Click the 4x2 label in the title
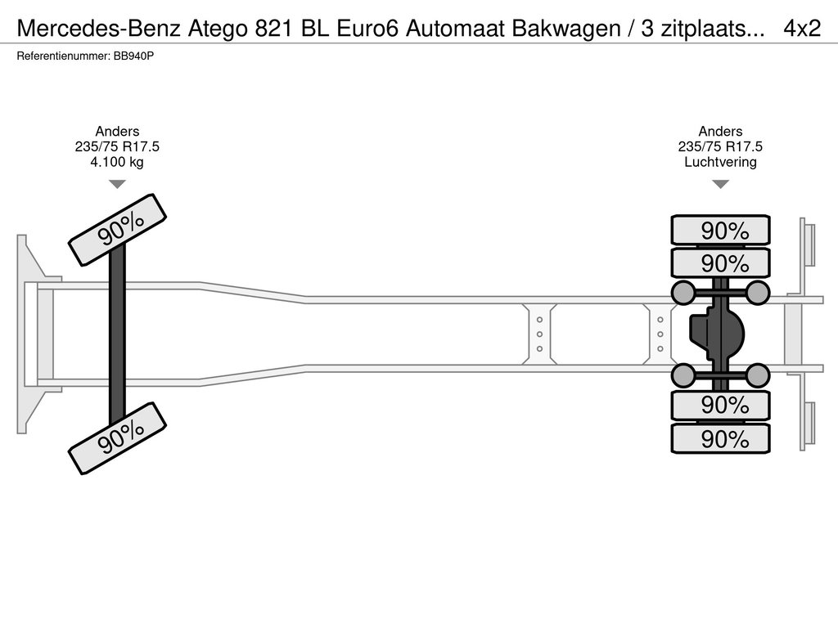(x=801, y=29)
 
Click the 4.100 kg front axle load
(x=117, y=161)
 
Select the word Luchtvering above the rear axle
(x=720, y=161)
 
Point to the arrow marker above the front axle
(x=118, y=184)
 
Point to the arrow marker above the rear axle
(x=720, y=184)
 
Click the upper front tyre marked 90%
(x=118, y=230)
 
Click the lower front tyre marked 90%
(x=118, y=438)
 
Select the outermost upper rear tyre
(x=720, y=231)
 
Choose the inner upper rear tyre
(x=720, y=263)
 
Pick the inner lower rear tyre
(x=720, y=405)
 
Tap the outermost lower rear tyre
(x=720, y=439)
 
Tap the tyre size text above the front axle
(x=117, y=146)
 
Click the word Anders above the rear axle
(x=720, y=132)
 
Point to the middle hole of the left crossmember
(x=540, y=334)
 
